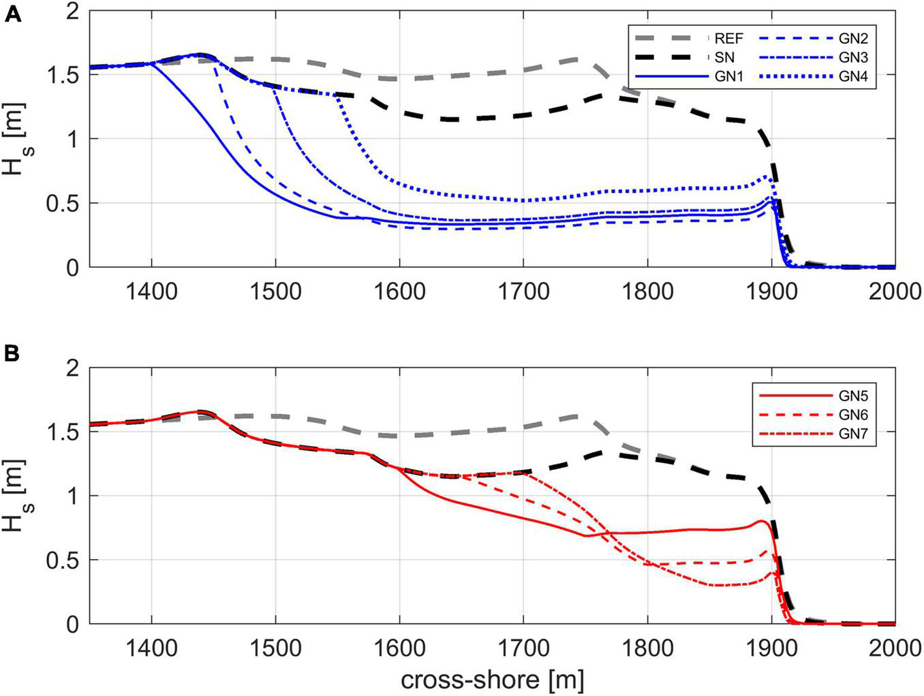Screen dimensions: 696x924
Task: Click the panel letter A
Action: (x=14, y=15)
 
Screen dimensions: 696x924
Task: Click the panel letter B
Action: (x=14, y=355)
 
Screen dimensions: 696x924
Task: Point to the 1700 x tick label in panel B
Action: (x=523, y=649)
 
